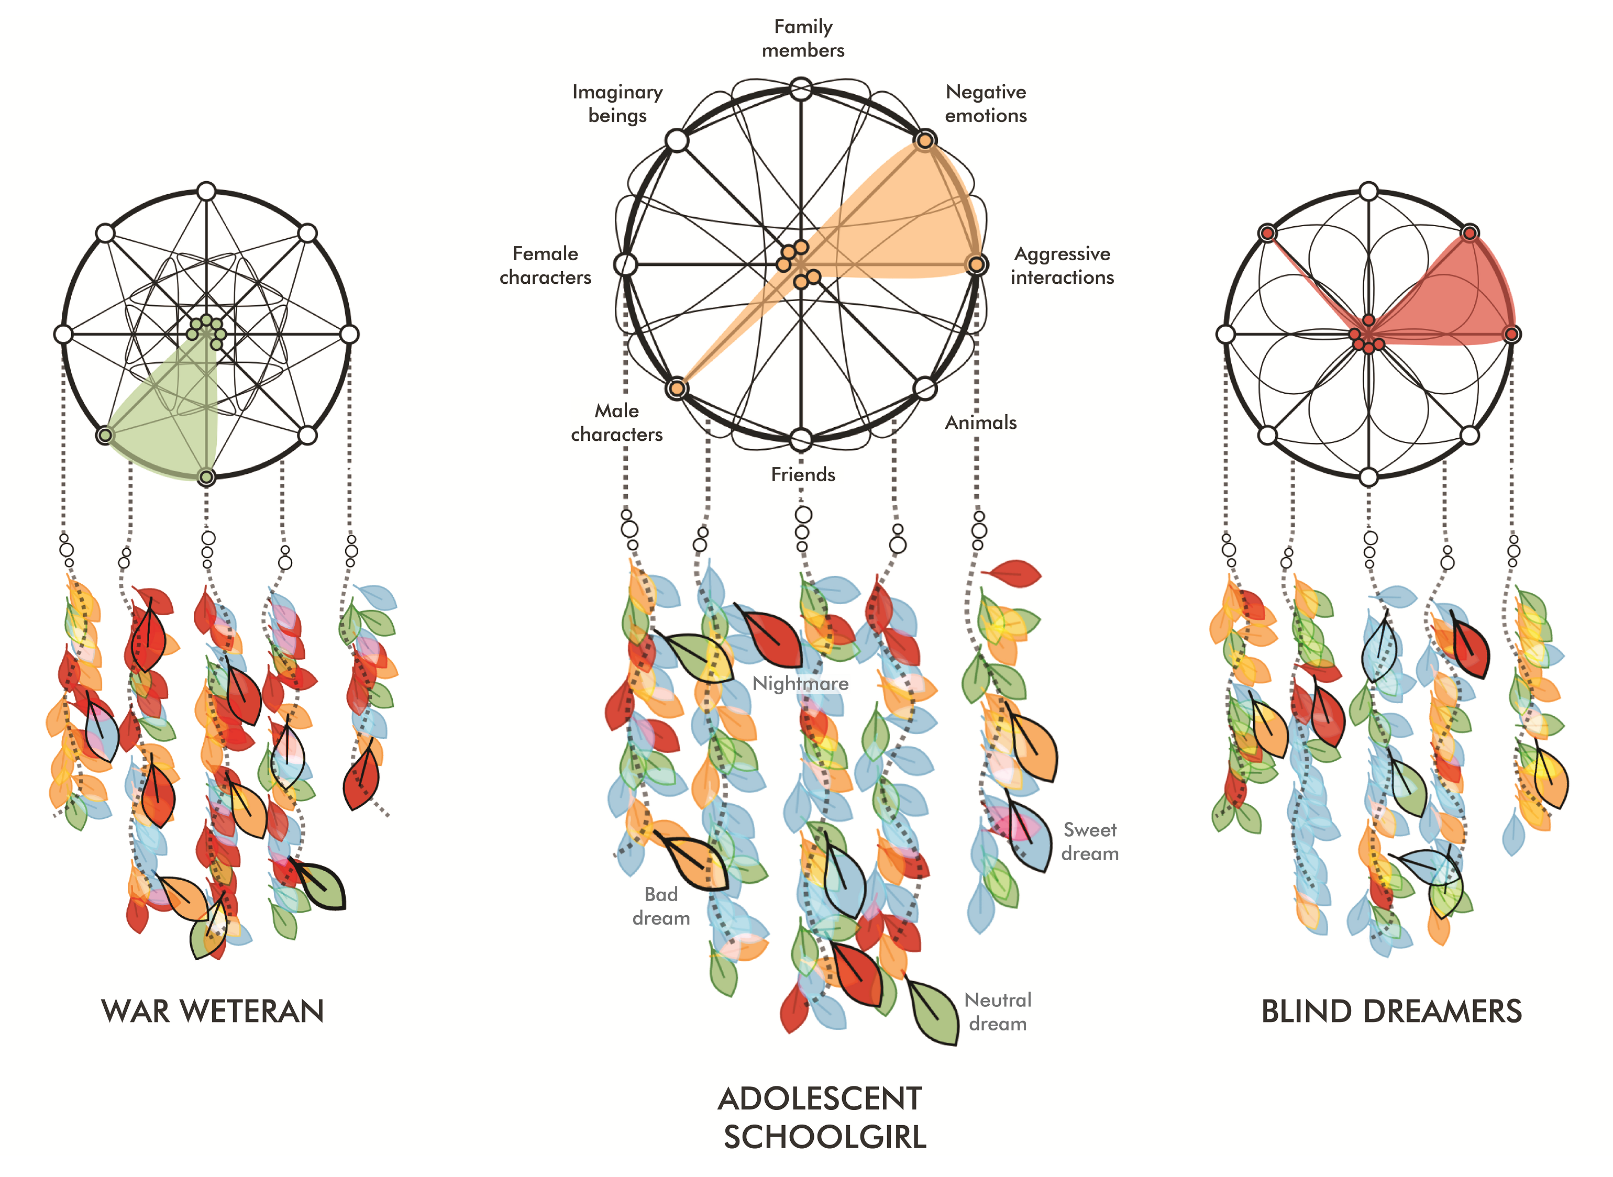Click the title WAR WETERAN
(x=212, y=1011)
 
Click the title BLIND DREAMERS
(x=1391, y=1011)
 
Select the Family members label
(x=803, y=38)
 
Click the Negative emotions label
(x=986, y=103)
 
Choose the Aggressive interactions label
(x=1062, y=265)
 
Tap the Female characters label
(x=545, y=265)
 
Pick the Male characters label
(x=617, y=423)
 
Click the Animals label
(x=980, y=423)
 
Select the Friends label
(x=803, y=474)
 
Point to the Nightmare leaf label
(x=800, y=684)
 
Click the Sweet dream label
(x=1089, y=841)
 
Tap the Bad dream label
(x=660, y=906)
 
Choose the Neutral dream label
(x=998, y=1012)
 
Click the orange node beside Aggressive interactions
(x=976, y=265)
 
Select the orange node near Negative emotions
(x=925, y=140)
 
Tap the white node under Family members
(x=801, y=90)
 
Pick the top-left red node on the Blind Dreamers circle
(x=1267, y=233)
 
